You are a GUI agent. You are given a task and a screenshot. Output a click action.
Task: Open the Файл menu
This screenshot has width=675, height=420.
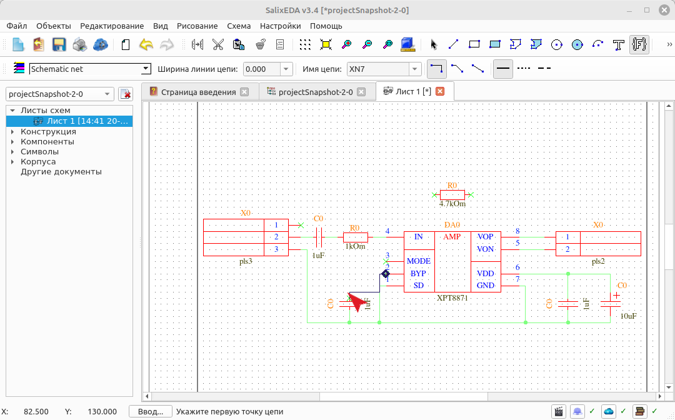click(x=17, y=26)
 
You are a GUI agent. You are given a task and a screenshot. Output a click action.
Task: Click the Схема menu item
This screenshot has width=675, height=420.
click(x=239, y=26)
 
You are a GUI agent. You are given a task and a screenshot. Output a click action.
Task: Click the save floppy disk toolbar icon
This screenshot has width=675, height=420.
click(x=59, y=44)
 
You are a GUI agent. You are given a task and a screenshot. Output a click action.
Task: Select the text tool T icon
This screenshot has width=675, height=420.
click(x=618, y=44)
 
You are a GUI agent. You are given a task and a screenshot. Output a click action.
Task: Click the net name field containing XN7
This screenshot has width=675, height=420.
click(x=379, y=69)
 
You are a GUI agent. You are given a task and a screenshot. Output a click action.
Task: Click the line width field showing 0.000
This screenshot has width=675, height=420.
click(x=262, y=69)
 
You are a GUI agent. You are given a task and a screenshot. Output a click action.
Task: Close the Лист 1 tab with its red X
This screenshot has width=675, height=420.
click(x=440, y=91)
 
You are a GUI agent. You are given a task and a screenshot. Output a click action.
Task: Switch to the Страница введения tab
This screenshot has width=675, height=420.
click(x=199, y=92)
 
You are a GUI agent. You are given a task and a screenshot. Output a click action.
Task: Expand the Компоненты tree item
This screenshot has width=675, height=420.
click(x=12, y=142)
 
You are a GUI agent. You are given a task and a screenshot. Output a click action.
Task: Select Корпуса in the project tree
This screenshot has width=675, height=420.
click(x=38, y=162)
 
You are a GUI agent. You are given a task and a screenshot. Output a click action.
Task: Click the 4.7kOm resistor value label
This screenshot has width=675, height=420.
click(x=452, y=204)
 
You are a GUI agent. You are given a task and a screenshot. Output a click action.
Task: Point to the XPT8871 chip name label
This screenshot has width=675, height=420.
click(x=452, y=297)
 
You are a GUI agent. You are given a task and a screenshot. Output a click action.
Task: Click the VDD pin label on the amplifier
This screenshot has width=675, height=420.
click(x=485, y=274)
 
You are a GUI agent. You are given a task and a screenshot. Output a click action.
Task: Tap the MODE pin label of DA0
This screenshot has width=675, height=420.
click(x=418, y=261)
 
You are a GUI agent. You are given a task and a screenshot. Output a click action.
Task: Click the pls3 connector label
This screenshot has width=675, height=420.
click(x=246, y=261)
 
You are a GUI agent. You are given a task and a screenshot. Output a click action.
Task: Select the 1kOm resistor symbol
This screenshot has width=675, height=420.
click(x=356, y=237)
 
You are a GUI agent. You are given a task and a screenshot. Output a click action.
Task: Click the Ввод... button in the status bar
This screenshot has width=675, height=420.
click(x=151, y=412)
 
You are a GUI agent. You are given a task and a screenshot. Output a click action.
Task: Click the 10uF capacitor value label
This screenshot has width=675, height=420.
click(x=628, y=316)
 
